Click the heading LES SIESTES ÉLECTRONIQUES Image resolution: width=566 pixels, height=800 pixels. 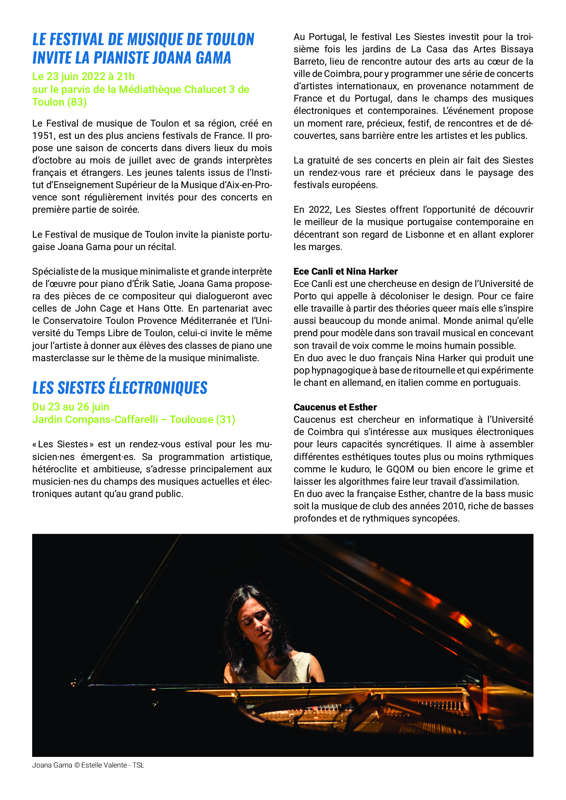pyautogui.click(x=119, y=388)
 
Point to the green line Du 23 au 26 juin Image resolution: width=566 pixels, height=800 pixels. pyautogui.click(x=71, y=407)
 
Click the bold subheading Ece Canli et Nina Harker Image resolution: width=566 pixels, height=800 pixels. pyautogui.click(x=345, y=272)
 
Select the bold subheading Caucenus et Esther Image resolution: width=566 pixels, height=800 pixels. pyautogui.click(x=335, y=407)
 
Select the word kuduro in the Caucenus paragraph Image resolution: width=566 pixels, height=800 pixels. pyautogui.click(x=356, y=469)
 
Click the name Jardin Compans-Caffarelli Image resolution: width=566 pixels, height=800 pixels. pyautogui.click(x=95, y=419)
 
